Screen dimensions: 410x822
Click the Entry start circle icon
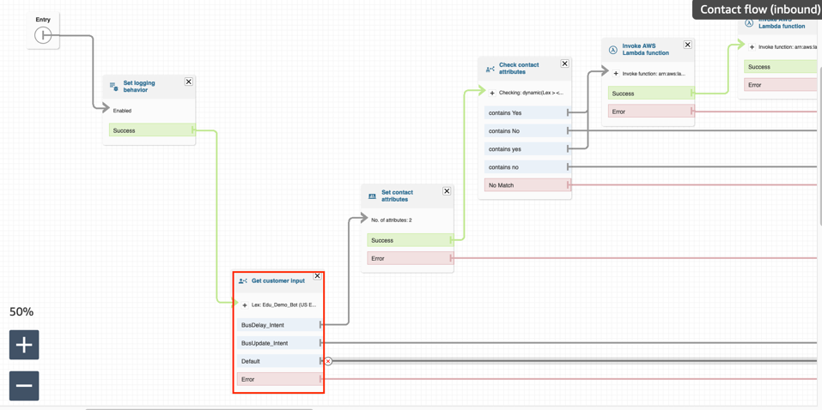tap(43, 35)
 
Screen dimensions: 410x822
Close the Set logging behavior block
tap(189, 81)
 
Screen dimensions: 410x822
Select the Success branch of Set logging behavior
tap(151, 130)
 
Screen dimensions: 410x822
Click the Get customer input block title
tap(277, 280)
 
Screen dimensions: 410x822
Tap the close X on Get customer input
tap(317, 276)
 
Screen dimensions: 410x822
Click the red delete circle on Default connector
tap(328, 361)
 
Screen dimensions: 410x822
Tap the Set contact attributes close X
tap(447, 191)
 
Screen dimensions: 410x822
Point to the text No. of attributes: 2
tap(392, 220)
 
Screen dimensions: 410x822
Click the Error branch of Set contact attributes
tap(409, 258)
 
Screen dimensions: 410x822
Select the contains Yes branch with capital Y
tap(525, 112)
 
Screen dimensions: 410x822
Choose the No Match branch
tap(525, 185)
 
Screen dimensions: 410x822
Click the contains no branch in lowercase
tap(525, 167)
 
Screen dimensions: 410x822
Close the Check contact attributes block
tap(564, 63)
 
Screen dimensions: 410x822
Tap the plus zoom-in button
tap(24, 345)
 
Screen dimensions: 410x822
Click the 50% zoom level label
tap(21, 312)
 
